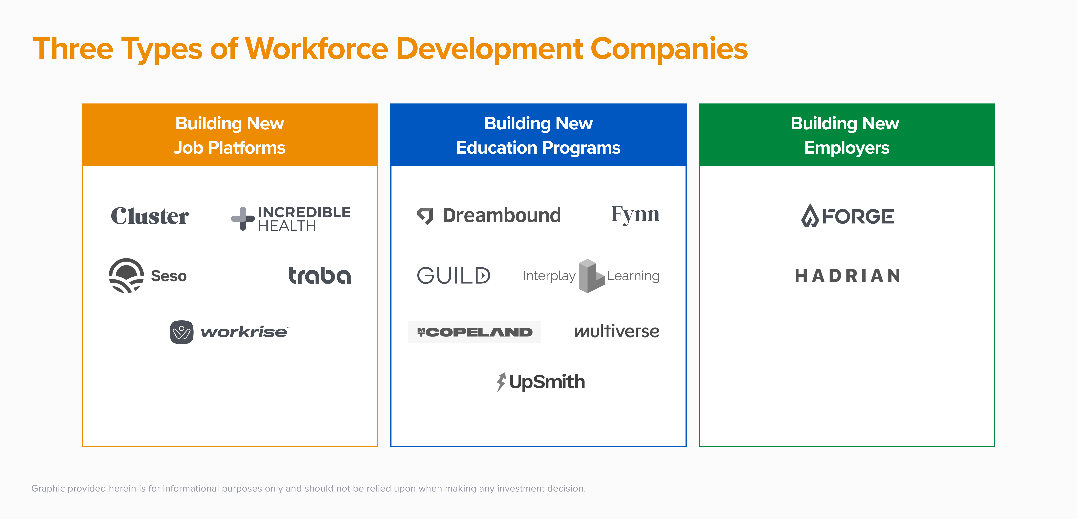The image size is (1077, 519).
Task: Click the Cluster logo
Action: [150, 216]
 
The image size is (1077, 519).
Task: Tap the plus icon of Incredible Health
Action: [243, 218]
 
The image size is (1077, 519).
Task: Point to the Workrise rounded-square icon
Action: [181, 332]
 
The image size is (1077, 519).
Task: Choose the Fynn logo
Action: [635, 215]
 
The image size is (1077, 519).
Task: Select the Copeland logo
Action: [475, 332]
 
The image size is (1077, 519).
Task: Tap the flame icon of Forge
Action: [810, 216]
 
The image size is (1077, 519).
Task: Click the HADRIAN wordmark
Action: [847, 276]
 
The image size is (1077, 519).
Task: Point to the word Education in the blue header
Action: [496, 148]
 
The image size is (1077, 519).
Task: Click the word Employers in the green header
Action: [847, 148]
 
